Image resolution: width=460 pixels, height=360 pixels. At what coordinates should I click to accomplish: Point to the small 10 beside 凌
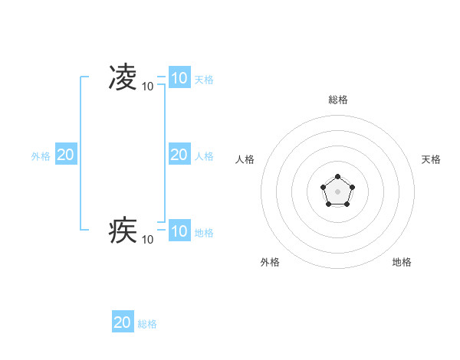click(147, 87)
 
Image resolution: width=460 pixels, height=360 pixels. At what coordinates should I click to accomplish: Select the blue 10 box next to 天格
click(179, 78)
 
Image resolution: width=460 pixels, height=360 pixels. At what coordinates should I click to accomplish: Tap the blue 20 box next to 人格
click(179, 155)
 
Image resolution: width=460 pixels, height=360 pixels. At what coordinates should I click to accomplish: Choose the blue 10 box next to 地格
click(179, 231)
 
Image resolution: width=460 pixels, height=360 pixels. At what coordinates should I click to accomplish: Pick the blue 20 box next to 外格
click(66, 155)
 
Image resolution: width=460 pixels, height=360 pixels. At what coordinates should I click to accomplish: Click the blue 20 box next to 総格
click(123, 322)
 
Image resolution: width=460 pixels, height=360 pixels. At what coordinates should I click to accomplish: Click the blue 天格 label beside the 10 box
click(204, 80)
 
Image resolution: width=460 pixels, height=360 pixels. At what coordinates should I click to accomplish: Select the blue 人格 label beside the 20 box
click(204, 156)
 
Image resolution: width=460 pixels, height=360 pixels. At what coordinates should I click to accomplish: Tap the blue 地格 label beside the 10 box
click(204, 233)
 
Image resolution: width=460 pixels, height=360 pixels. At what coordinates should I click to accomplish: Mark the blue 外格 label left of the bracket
click(41, 156)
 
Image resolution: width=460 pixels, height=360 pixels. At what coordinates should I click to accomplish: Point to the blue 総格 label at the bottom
click(147, 324)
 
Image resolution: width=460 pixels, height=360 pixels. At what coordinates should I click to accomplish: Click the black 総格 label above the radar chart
click(337, 100)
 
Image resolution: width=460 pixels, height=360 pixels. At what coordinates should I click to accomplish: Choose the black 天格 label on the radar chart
click(431, 159)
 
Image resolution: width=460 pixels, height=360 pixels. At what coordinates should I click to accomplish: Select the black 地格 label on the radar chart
click(402, 262)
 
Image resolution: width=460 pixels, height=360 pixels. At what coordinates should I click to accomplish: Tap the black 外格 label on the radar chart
click(270, 262)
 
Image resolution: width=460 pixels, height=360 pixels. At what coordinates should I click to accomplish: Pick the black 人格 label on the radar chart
click(245, 159)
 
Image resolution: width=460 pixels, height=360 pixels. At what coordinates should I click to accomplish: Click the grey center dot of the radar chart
click(337, 191)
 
